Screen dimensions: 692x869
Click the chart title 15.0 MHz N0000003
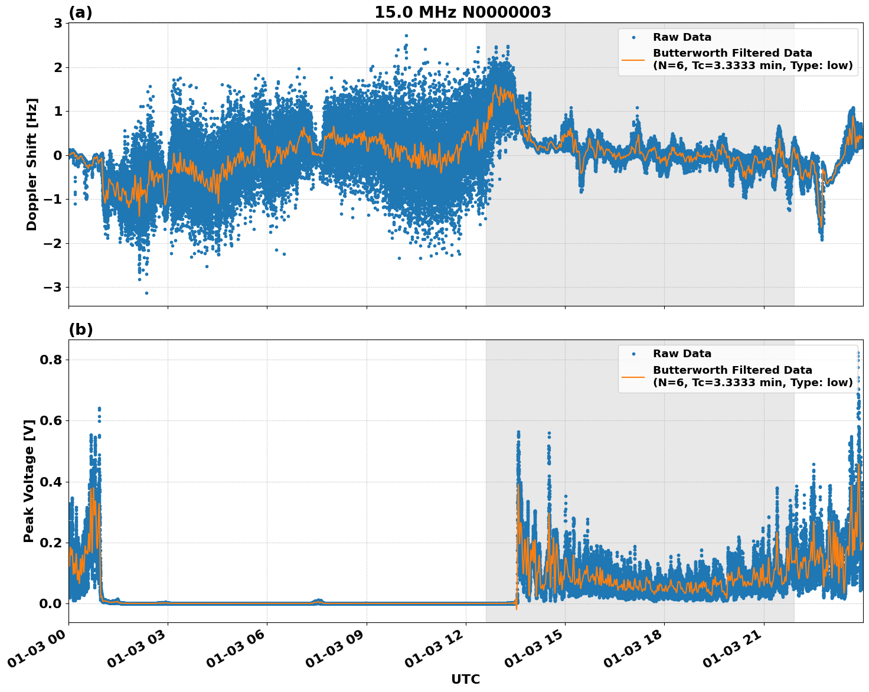(462, 12)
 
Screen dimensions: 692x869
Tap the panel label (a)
(80, 12)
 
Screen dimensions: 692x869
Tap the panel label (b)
(80, 329)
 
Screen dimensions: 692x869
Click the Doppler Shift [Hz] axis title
(32, 164)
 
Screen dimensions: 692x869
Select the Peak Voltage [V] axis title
(29, 481)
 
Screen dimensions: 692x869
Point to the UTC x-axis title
(465, 679)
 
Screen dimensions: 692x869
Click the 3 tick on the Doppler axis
(58, 24)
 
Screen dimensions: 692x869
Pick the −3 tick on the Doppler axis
(54, 288)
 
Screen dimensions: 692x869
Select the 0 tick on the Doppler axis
(58, 155)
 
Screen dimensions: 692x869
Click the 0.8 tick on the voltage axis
(51, 360)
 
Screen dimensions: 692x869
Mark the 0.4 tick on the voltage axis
(51, 482)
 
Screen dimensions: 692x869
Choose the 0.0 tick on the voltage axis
(51, 603)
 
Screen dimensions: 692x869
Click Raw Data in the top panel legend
(682, 37)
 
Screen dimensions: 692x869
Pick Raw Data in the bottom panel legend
(682, 354)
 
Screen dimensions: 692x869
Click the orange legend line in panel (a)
(633, 59)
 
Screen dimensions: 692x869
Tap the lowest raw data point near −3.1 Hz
(146, 293)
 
